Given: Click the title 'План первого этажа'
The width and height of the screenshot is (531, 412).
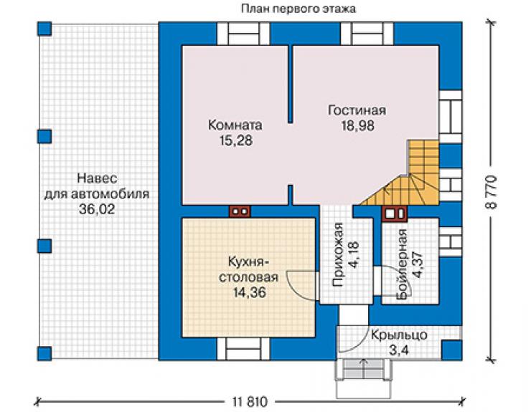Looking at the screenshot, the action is pos(299,9).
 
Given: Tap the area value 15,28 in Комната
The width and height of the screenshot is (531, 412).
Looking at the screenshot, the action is pos(236,140).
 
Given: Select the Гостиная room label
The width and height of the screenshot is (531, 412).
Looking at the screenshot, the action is pos(357,110).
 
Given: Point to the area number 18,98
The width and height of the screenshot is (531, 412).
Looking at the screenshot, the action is pos(357,125).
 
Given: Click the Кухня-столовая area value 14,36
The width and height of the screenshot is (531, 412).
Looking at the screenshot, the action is pos(250,292).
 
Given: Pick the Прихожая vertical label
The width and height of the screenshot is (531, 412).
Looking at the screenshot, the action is pos(339,254).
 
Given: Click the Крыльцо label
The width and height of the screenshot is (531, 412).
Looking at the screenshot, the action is pos(399,335).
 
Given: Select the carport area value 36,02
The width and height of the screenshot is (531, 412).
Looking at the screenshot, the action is pos(97,209).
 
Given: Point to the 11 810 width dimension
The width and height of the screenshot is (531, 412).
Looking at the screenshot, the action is pos(250,402).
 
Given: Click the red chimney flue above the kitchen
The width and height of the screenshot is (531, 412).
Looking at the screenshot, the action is pos(240,211).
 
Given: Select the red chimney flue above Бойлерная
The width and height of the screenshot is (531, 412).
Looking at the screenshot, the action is pos(395,214).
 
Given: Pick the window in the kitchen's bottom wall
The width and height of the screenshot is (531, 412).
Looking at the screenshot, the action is pos(243,348).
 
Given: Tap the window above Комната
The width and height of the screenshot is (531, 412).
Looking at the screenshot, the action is pos(243,34).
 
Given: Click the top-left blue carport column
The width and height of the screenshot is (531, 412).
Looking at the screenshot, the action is pos(44,29).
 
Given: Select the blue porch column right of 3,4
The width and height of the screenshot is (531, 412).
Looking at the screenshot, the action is pos(452,350).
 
